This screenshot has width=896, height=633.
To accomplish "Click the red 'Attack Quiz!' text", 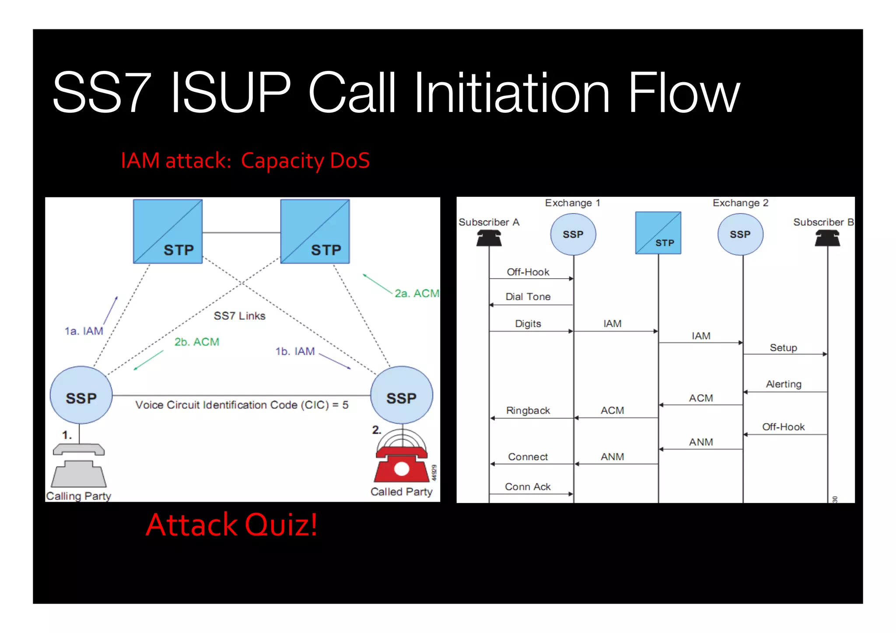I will [x=231, y=525].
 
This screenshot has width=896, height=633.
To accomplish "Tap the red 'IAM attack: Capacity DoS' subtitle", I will [x=245, y=161].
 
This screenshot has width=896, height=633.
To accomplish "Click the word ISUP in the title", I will [x=231, y=92].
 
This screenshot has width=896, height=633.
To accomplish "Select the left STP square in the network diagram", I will [x=168, y=231].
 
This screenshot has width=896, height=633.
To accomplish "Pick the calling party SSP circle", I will [x=81, y=395].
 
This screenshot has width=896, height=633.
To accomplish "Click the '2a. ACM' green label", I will [x=416, y=293].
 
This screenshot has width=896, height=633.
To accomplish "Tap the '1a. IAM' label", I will [x=84, y=331].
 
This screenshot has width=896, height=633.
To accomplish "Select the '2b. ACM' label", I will [x=196, y=342].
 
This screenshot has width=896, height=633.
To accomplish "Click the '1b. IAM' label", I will [x=295, y=351].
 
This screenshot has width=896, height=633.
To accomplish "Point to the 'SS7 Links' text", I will [x=239, y=316].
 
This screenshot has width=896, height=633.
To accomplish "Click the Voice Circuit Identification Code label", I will [x=241, y=405].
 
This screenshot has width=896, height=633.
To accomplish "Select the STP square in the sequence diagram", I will [x=658, y=233].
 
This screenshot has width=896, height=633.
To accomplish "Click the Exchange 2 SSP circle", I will [x=740, y=234].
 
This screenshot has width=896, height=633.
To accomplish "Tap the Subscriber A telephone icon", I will [x=489, y=238].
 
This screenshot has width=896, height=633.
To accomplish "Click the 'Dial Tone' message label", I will [x=528, y=297].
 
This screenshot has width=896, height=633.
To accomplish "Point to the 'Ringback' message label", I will [x=528, y=410].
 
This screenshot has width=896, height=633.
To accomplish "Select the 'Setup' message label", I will [x=783, y=348].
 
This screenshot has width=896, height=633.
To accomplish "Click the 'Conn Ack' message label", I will [x=528, y=486].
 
